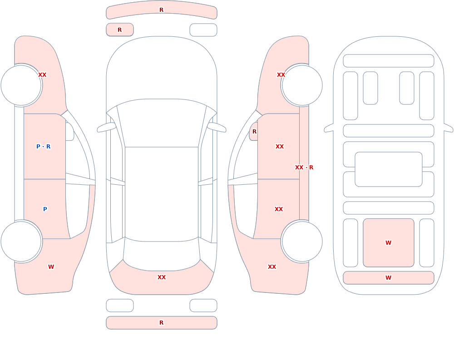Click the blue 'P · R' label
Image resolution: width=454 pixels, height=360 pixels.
click(x=44, y=147)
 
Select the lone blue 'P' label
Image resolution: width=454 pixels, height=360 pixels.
click(x=45, y=209)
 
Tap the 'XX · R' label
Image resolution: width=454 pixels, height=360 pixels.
click(x=304, y=168)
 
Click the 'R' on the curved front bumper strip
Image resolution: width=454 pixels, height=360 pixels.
click(x=162, y=10)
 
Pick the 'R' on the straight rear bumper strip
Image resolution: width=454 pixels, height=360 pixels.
click(x=162, y=323)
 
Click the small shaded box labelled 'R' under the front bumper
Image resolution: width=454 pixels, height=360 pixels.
click(x=120, y=30)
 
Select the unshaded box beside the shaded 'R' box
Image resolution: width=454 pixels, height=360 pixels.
click(x=203, y=30)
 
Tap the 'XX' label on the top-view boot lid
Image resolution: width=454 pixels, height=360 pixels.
click(x=162, y=277)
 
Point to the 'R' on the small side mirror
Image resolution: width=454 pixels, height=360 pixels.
click(x=255, y=132)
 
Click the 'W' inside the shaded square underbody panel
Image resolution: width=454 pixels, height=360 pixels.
click(x=389, y=243)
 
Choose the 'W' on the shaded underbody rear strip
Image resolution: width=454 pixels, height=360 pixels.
click(x=389, y=278)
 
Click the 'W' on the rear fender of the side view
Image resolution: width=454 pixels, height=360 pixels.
click(x=51, y=267)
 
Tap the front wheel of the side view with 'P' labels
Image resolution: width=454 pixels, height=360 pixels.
click(x=21, y=85)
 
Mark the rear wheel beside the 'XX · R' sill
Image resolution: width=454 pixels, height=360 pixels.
click(x=302, y=241)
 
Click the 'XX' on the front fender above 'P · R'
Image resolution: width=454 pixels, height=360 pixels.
click(x=42, y=75)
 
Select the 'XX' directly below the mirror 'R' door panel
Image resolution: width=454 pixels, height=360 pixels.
click(x=280, y=147)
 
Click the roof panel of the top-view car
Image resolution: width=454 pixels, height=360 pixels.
click(x=162, y=194)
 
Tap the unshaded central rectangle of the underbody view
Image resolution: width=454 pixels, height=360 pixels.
click(x=389, y=169)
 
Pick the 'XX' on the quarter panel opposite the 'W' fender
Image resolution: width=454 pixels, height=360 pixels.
click(x=272, y=267)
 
